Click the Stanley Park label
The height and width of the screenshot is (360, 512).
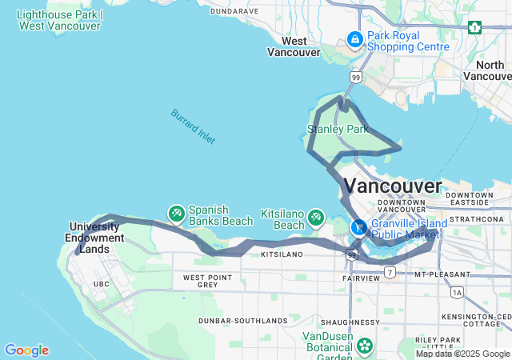338,129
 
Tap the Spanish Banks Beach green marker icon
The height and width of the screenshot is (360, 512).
176,214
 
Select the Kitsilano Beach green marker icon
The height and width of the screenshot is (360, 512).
316,216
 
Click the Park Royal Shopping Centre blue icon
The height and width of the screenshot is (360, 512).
354,38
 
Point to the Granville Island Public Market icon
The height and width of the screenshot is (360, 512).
359,226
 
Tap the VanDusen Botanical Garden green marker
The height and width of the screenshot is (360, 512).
365,346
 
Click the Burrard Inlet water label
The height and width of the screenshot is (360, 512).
193,126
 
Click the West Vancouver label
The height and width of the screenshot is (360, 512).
294,46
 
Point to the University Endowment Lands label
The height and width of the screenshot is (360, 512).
97,232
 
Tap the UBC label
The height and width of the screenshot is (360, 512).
101,284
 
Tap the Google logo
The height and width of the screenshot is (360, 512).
26,350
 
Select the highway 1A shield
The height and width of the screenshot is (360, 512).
457,293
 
